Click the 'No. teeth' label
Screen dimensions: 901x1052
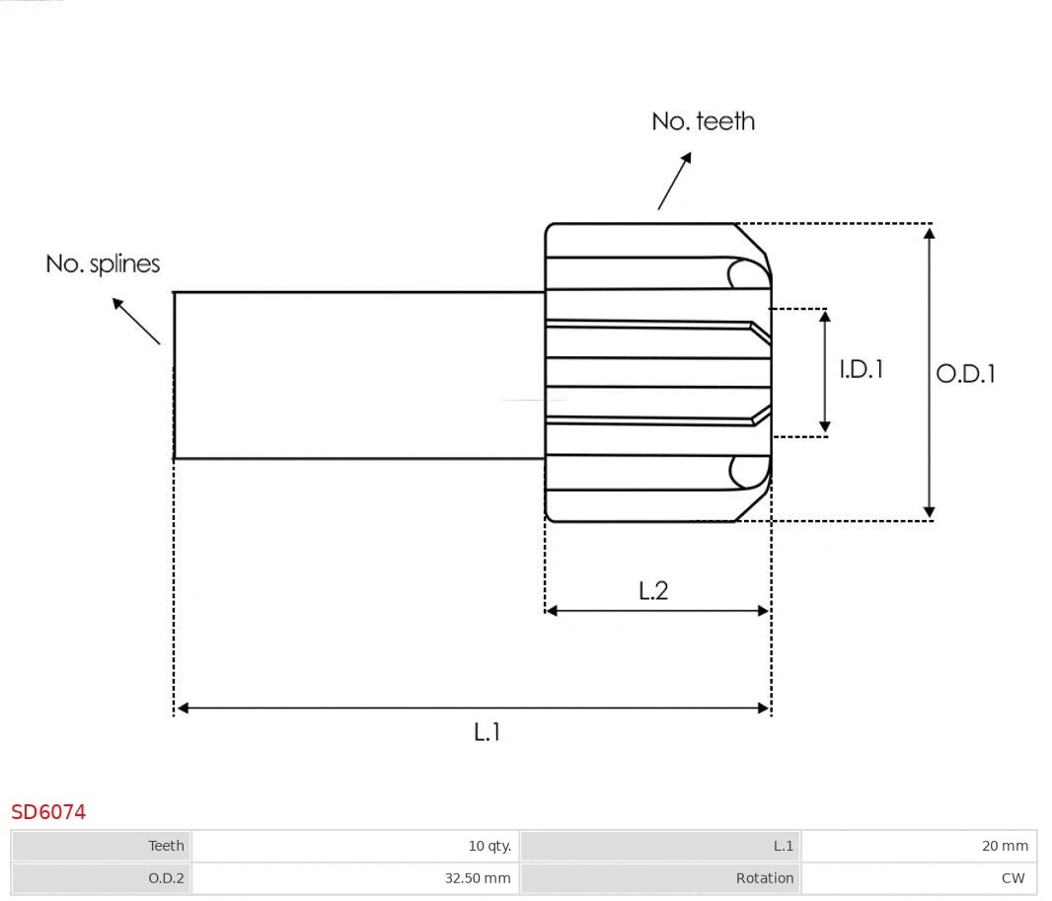[703, 121]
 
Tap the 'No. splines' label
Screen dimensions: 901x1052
[103, 263]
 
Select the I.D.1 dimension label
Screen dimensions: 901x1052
[861, 369]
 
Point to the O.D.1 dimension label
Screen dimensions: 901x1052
[965, 373]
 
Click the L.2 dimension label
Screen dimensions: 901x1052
[653, 590]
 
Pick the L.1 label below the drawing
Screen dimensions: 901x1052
[488, 732]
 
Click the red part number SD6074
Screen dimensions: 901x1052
[48, 812]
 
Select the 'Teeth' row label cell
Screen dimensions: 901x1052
[166, 846]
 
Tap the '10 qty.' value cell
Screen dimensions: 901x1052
[489, 846]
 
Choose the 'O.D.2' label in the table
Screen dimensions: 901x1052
[166, 877]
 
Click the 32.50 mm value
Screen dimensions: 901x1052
[478, 877]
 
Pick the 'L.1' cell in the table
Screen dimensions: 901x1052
[783, 846]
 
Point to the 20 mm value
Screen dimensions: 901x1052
[1005, 846]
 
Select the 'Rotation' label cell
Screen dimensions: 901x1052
[764, 877]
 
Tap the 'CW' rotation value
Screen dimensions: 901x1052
[1013, 877]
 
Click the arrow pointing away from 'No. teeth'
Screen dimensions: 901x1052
[675, 181]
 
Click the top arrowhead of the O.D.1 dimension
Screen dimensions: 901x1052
[929, 233]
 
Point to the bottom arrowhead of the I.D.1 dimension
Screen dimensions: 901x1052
[825, 427]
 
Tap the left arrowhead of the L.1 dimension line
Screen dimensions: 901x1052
[183, 708]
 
